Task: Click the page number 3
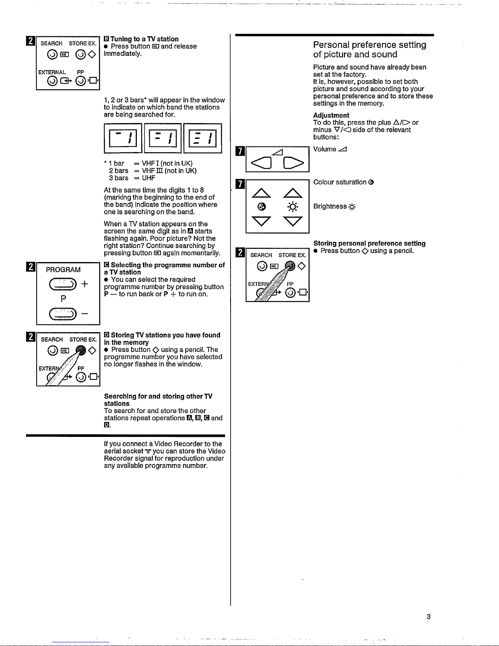(429, 617)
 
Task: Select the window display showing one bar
(123, 138)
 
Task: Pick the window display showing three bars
(202, 138)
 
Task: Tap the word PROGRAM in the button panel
(63, 270)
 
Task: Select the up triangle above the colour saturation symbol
(262, 194)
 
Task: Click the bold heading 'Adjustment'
(331, 115)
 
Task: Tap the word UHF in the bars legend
(148, 178)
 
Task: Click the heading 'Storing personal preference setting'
(369, 243)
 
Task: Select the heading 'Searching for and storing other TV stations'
(158, 400)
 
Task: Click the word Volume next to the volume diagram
(325, 149)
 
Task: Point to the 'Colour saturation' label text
(340, 182)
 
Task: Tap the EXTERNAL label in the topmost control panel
(52, 72)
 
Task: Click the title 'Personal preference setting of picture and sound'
(369, 50)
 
